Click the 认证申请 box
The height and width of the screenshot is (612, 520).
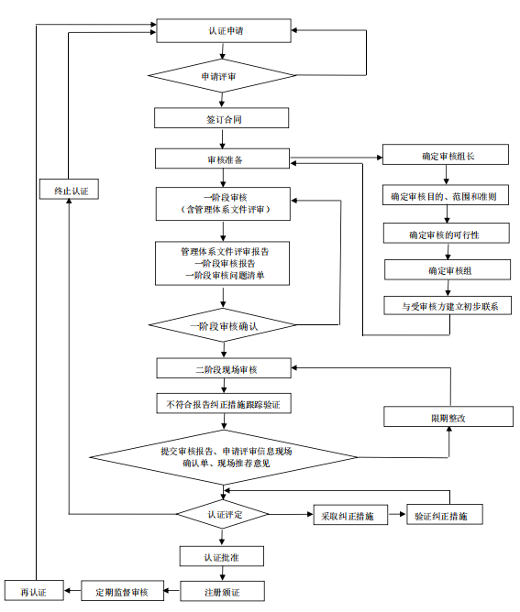(x=225, y=30)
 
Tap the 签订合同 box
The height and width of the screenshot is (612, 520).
(x=223, y=119)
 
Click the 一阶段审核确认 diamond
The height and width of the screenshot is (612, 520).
(x=223, y=324)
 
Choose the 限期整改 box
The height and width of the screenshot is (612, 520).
(x=448, y=417)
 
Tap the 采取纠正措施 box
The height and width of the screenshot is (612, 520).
(x=347, y=515)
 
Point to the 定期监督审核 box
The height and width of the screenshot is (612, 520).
(x=121, y=591)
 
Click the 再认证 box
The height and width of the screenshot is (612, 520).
(x=33, y=591)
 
